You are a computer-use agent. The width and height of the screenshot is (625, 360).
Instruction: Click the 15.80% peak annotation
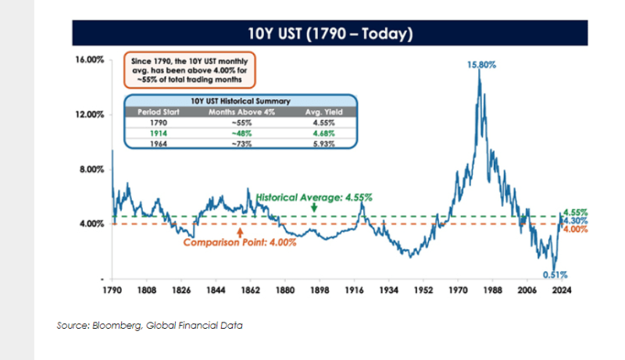point(482,65)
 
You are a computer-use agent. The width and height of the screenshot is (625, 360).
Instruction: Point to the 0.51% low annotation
point(554,275)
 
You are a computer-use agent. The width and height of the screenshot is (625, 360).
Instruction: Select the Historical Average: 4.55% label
point(313,198)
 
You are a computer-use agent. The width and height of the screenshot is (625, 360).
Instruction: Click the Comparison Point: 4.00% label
point(240,243)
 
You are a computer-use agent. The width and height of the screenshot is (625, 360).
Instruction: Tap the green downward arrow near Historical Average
point(313,209)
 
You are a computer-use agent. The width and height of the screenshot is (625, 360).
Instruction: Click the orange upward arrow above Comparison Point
point(240,230)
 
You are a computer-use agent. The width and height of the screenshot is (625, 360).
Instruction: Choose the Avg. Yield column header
point(320,111)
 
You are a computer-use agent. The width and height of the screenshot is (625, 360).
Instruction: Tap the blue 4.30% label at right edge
point(575,221)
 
